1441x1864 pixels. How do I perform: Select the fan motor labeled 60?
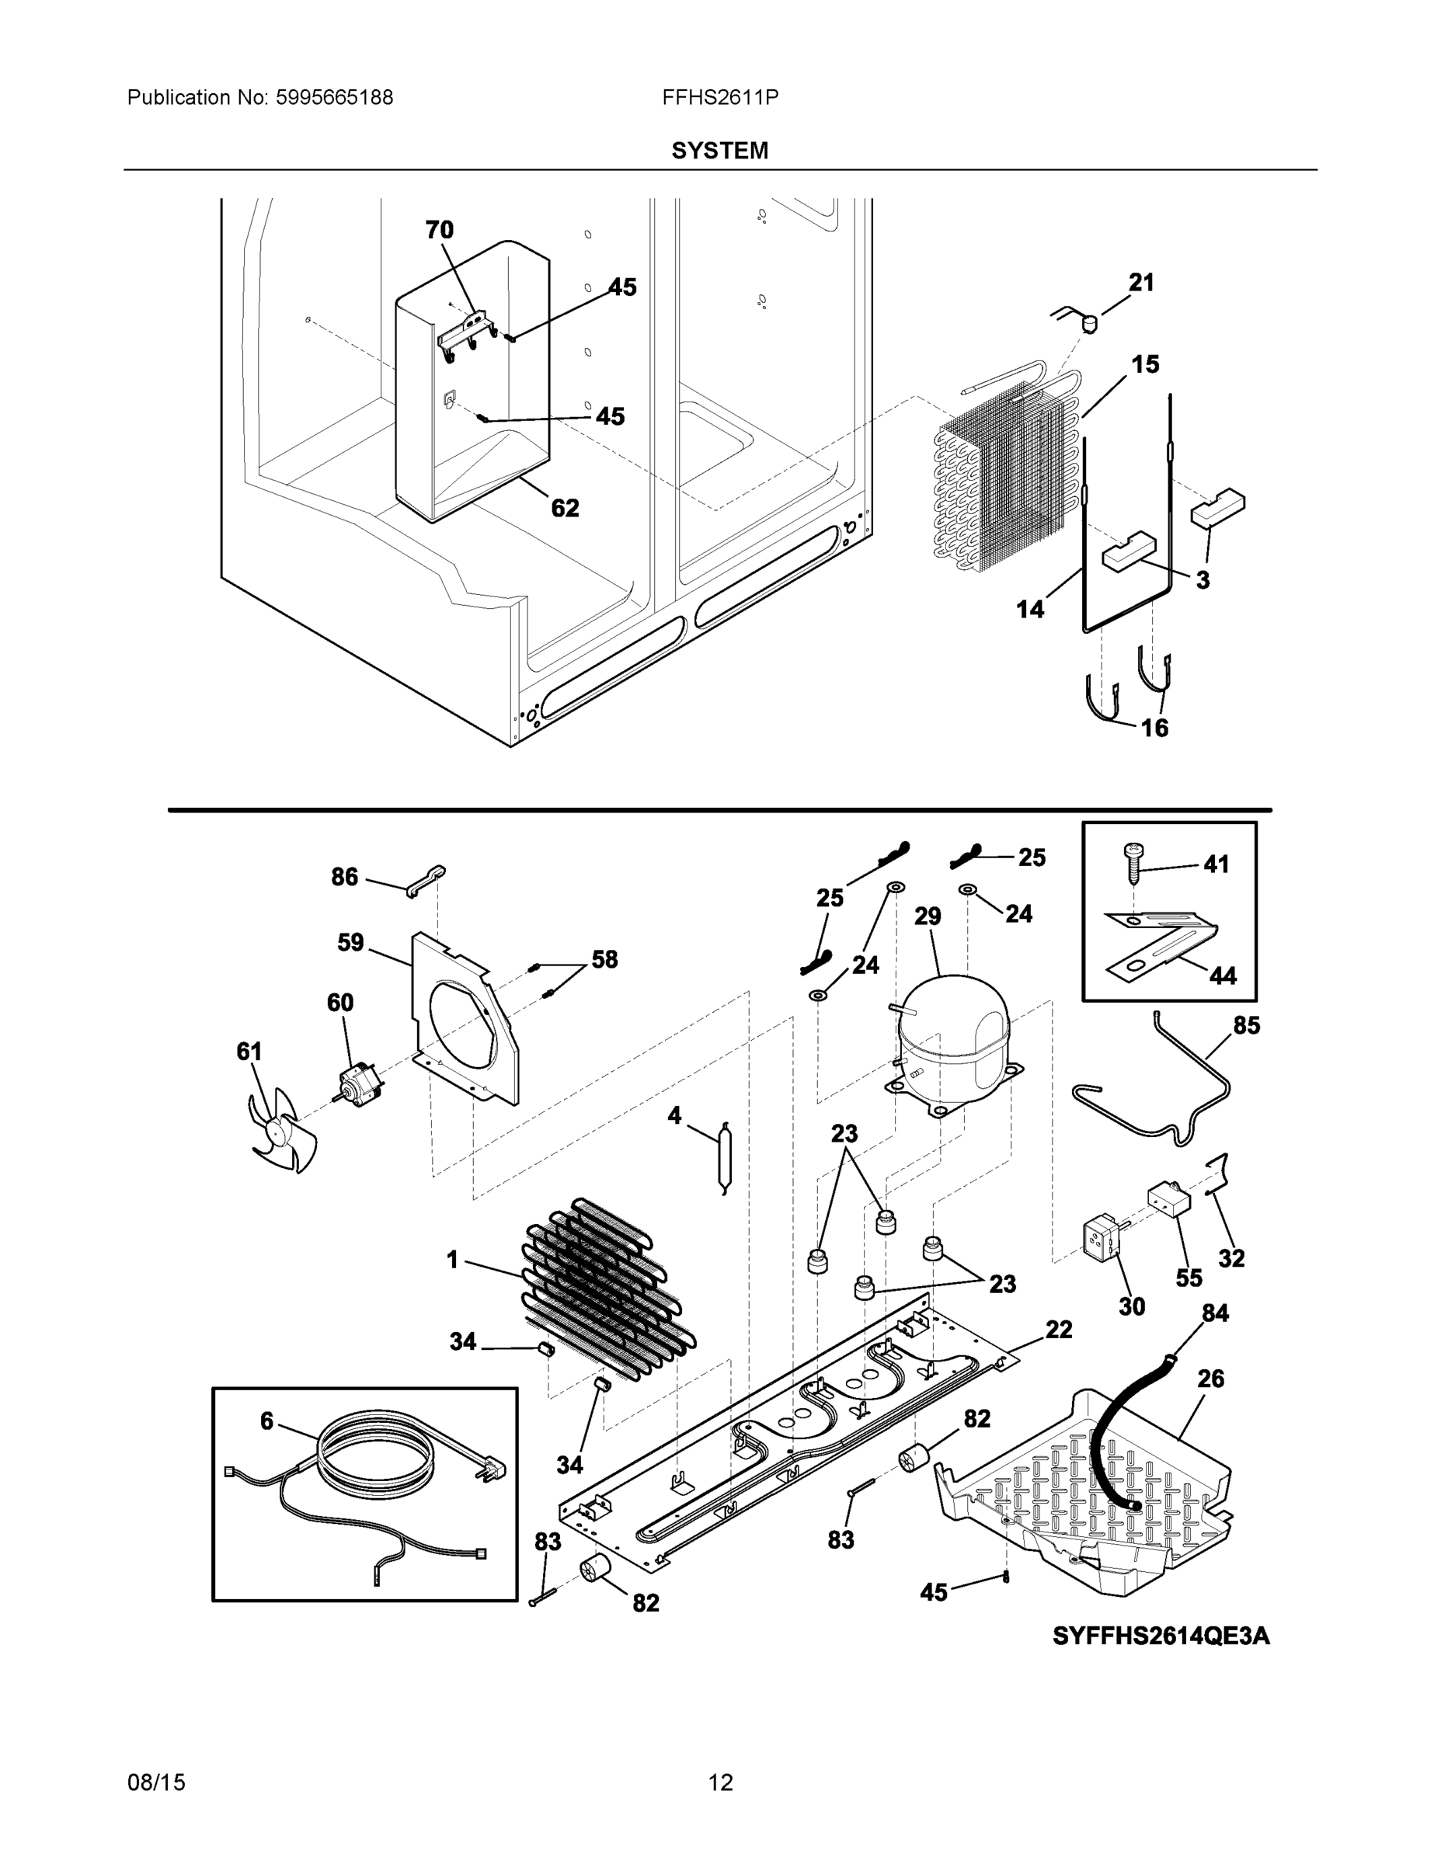(x=359, y=1087)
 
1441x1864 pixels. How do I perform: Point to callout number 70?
(x=440, y=230)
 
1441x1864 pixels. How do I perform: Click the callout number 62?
(x=565, y=508)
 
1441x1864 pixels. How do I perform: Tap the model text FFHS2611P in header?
(x=719, y=98)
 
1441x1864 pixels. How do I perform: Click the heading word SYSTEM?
(x=719, y=151)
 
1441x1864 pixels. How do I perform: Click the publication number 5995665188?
(x=334, y=98)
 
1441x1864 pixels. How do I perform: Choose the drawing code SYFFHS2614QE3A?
(x=1161, y=1636)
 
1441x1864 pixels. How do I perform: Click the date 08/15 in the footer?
(x=156, y=1782)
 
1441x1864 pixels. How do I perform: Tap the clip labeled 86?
(x=426, y=880)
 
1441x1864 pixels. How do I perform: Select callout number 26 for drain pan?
(x=1210, y=1379)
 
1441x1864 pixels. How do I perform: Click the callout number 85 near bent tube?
(x=1246, y=1025)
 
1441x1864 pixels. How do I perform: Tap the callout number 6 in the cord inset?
(x=267, y=1421)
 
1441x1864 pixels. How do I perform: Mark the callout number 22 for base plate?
(x=1059, y=1329)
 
